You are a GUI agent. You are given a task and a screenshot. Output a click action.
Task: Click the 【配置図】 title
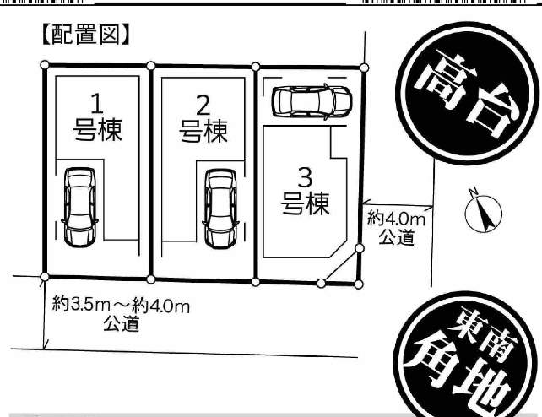(86, 35)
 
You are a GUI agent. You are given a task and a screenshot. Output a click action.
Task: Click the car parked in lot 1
(80, 208)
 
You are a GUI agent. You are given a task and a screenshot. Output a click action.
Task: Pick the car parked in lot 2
(220, 208)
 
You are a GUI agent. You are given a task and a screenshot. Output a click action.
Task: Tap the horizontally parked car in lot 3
(312, 101)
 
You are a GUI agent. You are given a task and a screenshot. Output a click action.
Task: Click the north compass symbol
(483, 212)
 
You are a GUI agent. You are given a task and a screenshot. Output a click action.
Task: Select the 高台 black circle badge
(468, 94)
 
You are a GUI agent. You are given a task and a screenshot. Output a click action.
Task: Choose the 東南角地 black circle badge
(467, 356)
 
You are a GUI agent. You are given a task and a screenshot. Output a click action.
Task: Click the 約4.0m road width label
(396, 219)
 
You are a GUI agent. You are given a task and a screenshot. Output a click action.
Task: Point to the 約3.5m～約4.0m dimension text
(121, 306)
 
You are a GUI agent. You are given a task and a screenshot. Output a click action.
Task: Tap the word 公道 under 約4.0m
(396, 237)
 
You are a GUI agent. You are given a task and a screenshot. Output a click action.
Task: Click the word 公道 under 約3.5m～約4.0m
(121, 323)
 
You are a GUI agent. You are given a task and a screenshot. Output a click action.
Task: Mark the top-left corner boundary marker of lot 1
(45, 65)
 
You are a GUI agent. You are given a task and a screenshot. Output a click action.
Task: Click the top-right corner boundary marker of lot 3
(364, 68)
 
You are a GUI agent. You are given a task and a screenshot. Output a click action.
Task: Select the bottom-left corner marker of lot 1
(45, 277)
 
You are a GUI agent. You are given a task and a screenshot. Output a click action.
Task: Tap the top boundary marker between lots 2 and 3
(256, 67)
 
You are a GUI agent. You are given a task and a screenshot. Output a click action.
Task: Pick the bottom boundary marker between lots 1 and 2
(151, 279)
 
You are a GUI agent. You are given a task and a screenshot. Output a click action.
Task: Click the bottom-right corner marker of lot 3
(359, 284)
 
